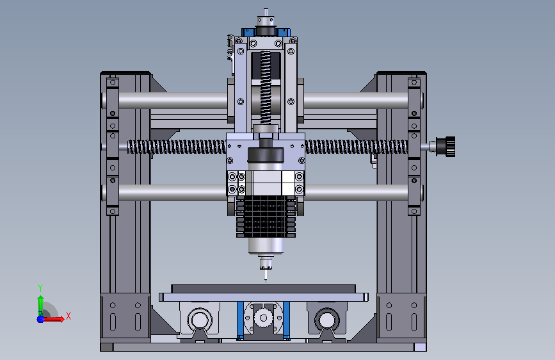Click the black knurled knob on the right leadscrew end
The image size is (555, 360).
(x=447, y=146)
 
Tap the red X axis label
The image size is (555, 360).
(x=68, y=316)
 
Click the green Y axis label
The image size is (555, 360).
(x=40, y=288)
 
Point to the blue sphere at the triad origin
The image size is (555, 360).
(x=40, y=319)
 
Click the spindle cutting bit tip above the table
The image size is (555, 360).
(x=266, y=280)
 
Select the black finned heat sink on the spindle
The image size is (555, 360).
(x=266, y=217)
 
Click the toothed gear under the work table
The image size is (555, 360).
(x=263, y=318)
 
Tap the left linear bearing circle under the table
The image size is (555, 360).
(x=200, y=320)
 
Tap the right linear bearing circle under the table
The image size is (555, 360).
(x=327, y=320)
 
